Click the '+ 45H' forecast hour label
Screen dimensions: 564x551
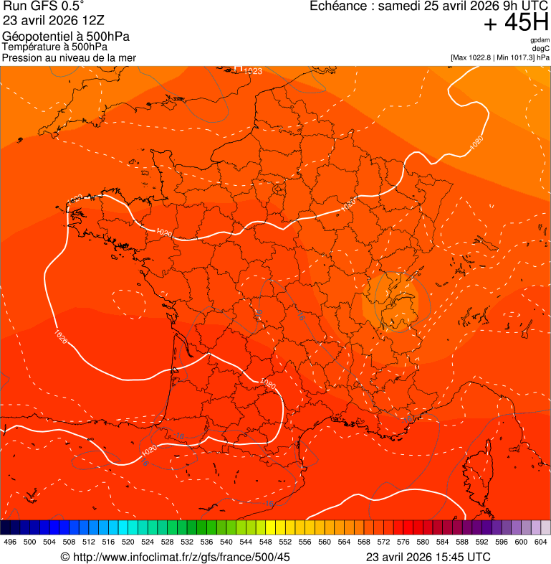(517, 23)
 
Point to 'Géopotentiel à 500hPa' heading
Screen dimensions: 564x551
(66, 37)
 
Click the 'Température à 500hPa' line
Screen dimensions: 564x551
(55, 47)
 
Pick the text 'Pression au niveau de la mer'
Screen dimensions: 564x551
(69, 57)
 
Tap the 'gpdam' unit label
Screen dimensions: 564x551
(540, 40)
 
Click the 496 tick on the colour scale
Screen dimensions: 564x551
(10, 542)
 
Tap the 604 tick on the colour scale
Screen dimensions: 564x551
(541, 542)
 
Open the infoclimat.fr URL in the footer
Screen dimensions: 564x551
(181, 557)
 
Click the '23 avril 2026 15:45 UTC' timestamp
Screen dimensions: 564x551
(428, 557)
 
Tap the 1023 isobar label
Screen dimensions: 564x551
(253, 71)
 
